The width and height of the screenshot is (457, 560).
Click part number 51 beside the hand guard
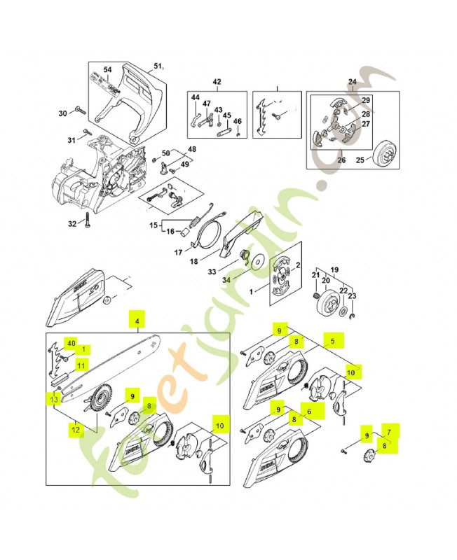coord(157,67)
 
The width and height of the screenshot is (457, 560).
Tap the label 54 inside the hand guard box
coord(107,70)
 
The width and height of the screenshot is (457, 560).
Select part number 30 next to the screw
coord(62,113)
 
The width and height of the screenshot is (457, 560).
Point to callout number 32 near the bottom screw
coord(71,225)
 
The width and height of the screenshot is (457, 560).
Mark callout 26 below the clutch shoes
coord(341,160)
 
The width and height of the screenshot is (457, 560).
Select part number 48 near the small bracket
coord(191,148)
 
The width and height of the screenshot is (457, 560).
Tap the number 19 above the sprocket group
coord(334,269)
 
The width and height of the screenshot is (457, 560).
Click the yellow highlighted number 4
coord(137,322)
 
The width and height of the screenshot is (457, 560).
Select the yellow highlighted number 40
coord(70,343)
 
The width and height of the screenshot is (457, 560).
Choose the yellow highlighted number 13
coord(54,398)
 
